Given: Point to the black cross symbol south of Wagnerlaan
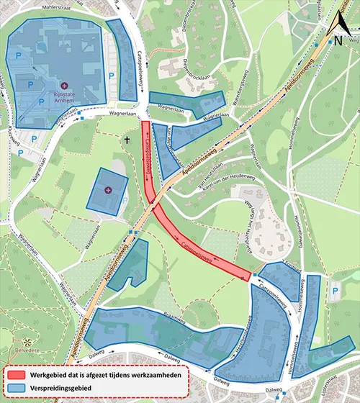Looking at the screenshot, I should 127,139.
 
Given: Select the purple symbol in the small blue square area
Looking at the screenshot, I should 108,190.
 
